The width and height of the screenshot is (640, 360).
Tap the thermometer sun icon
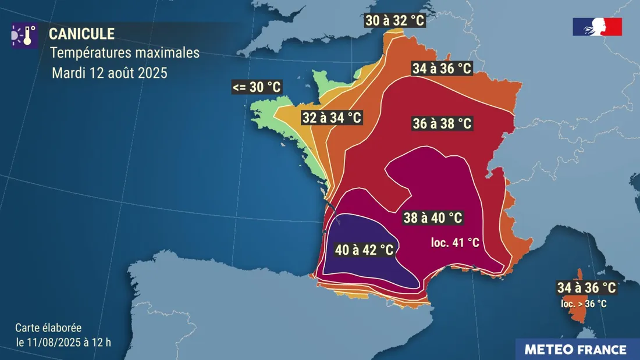24,35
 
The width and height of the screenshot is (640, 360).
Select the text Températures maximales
125,53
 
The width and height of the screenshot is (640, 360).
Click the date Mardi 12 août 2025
109,73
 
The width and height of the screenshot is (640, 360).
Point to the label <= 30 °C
256,87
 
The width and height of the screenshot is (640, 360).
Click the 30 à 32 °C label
395,21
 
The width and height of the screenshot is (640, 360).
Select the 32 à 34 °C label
332,117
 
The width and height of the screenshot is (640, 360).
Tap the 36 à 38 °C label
441,123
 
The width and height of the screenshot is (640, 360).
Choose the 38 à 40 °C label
433,218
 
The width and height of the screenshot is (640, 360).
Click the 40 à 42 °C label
364,250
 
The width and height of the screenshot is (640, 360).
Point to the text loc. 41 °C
455,243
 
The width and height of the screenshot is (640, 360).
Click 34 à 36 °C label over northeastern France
441,68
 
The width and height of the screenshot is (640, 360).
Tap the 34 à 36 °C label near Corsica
586,287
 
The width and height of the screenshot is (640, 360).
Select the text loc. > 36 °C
584,303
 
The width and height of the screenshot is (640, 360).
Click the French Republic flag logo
598,27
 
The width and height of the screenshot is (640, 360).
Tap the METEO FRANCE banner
575,350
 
